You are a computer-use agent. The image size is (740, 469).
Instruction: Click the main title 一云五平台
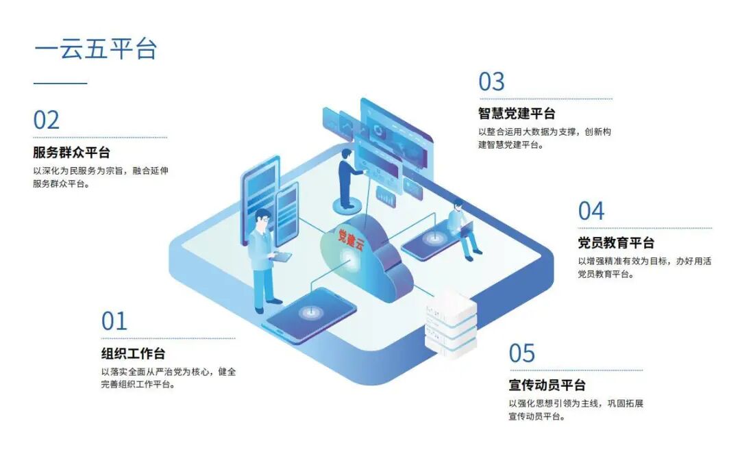[95, 49]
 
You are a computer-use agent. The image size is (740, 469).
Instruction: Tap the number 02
[47, 121]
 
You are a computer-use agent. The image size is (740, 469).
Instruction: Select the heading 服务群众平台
[71, 153]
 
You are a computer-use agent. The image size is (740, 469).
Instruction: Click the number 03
[491, 82]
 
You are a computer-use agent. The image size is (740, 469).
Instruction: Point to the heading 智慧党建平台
[517, 114]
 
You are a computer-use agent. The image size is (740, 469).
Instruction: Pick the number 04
[591, 211]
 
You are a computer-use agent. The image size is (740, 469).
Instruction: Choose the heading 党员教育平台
[616, 243]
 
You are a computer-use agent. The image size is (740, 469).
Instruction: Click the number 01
[114, 321]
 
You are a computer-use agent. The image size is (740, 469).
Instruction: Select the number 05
[521, 354]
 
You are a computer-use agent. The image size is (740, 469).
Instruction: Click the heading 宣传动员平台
[547, 385]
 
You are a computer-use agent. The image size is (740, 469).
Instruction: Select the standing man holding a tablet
[264, 260]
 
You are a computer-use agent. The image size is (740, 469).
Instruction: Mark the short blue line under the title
[60, 84]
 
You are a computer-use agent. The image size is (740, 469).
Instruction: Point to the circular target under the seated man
[432, 238]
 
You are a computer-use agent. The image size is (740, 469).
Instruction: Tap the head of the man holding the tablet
[262, 218]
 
